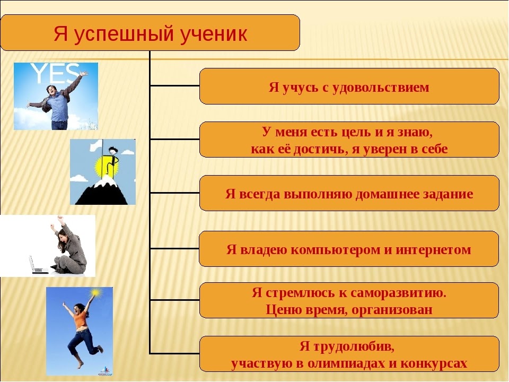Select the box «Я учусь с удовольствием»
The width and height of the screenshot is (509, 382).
349,86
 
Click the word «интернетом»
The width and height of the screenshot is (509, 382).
433,249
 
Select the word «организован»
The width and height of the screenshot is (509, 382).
392,310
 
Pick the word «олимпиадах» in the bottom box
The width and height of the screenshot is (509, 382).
350,363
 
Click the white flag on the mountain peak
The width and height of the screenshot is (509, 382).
96,146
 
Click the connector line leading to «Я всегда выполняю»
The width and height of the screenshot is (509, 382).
174,193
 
